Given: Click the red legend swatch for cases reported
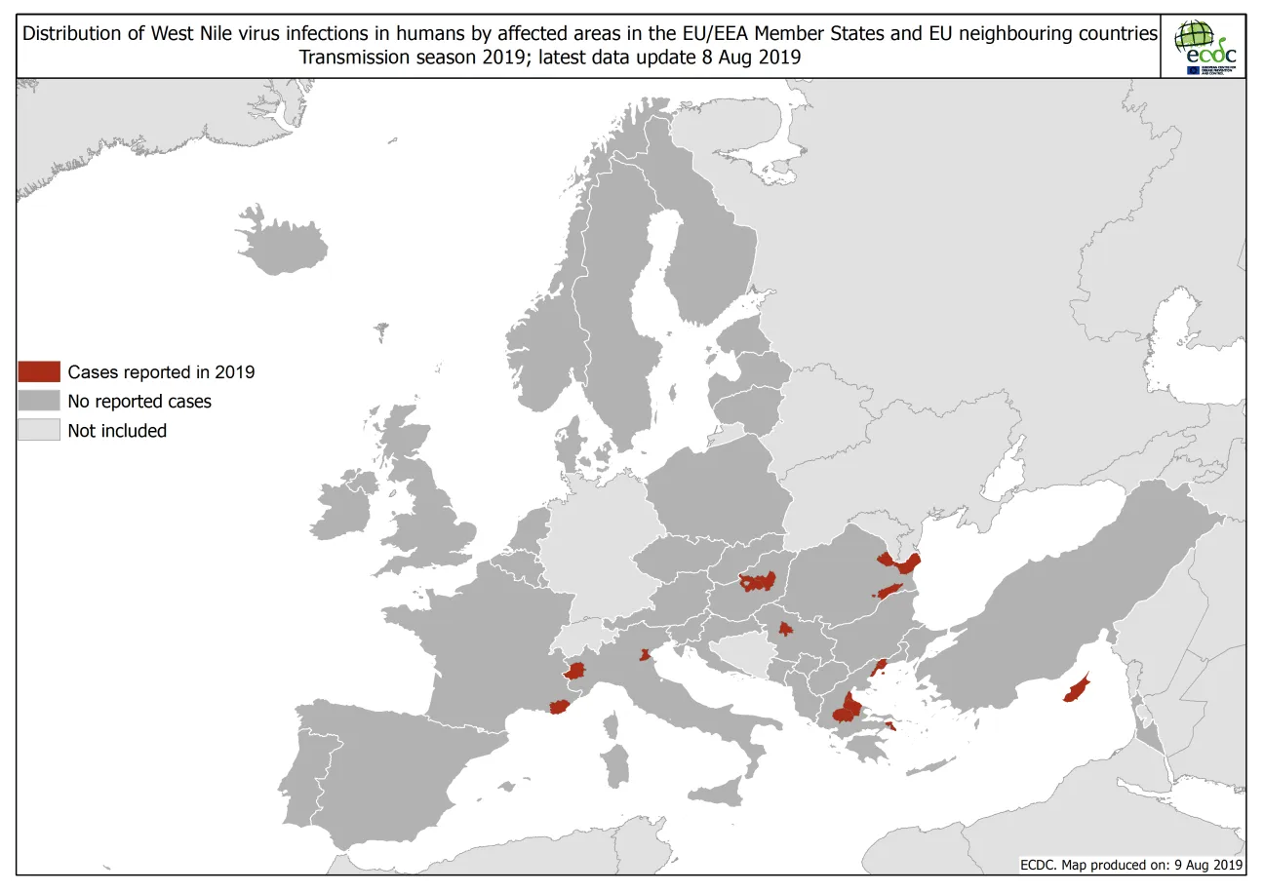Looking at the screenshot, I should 39,371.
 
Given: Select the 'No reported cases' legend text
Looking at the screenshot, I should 139,401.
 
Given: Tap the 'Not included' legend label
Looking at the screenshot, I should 117,431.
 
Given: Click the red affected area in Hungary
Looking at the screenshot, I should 758,582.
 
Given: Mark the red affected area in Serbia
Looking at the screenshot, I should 784,629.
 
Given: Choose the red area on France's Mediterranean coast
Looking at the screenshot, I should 559,707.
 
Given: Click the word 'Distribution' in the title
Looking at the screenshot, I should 81,34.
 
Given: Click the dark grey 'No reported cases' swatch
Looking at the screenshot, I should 39,401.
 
